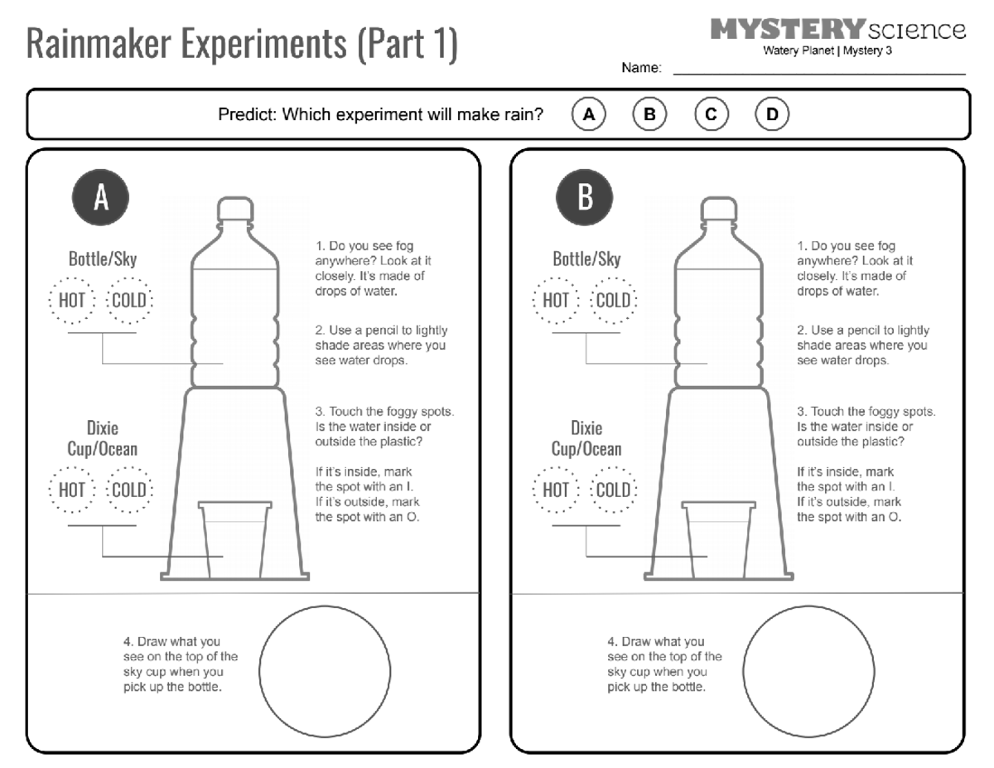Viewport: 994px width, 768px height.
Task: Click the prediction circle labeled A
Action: coord(588,114)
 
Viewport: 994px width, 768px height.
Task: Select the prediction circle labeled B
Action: coord(649,114)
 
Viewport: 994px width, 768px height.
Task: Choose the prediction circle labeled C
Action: coord(711,114)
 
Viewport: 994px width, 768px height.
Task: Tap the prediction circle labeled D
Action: coord(772,114)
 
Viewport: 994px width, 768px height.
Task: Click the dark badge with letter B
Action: coord(585,198)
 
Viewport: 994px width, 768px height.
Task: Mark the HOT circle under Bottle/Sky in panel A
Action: coord(71,300)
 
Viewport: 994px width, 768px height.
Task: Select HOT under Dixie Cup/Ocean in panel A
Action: coord(71,490)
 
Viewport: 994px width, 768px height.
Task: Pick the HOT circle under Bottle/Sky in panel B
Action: coord(555,300)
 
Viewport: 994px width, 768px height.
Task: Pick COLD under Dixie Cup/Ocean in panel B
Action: coord(612,490)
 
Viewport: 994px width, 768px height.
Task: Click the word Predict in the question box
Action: coord(247,114)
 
